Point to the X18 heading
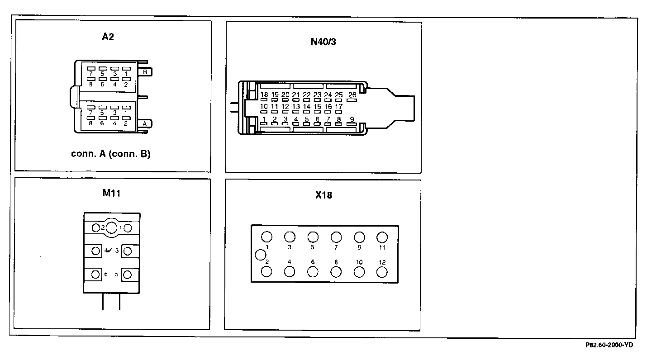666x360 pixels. point(323,196)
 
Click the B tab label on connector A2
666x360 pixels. point(146,72)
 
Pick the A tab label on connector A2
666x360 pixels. point(145,123)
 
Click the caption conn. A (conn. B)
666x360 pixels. point(111,154)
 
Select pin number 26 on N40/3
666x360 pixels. point(352,95)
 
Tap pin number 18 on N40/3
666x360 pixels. point(264,95)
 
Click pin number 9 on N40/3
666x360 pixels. point(352,119)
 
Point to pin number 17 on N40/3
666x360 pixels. point(338,107)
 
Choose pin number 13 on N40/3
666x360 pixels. point(296,107)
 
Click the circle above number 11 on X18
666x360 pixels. point(382,237)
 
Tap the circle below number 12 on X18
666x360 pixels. point(382,271)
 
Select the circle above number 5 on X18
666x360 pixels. point(313,237)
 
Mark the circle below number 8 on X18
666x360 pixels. point(336,271)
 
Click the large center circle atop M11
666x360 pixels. point(112,227)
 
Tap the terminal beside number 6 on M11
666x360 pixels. point(96,275)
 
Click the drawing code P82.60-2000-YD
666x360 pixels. point(609,345)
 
